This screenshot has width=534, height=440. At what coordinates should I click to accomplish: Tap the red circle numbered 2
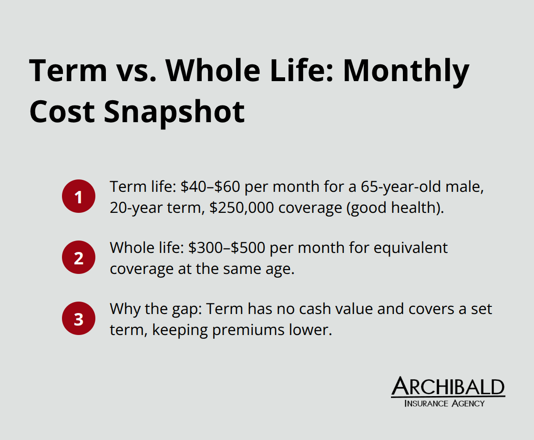click(79, 258)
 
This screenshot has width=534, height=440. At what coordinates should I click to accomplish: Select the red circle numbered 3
click(79, 319)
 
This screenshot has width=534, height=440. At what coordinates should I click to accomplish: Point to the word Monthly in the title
click(406, 70)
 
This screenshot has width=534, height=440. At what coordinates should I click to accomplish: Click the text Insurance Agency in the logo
click(444, 404)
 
